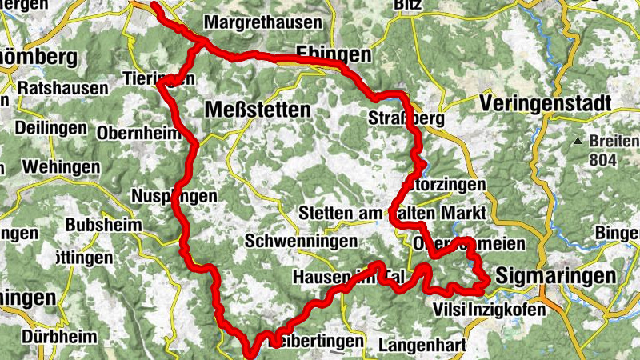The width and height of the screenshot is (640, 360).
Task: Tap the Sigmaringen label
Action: (556, 277)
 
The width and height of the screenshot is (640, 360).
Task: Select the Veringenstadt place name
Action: (546, 103)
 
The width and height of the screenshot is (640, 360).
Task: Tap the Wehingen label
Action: (62, 167)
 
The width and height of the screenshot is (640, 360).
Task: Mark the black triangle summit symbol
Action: (578, 142)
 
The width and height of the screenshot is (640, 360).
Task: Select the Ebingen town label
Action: (334, 54)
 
